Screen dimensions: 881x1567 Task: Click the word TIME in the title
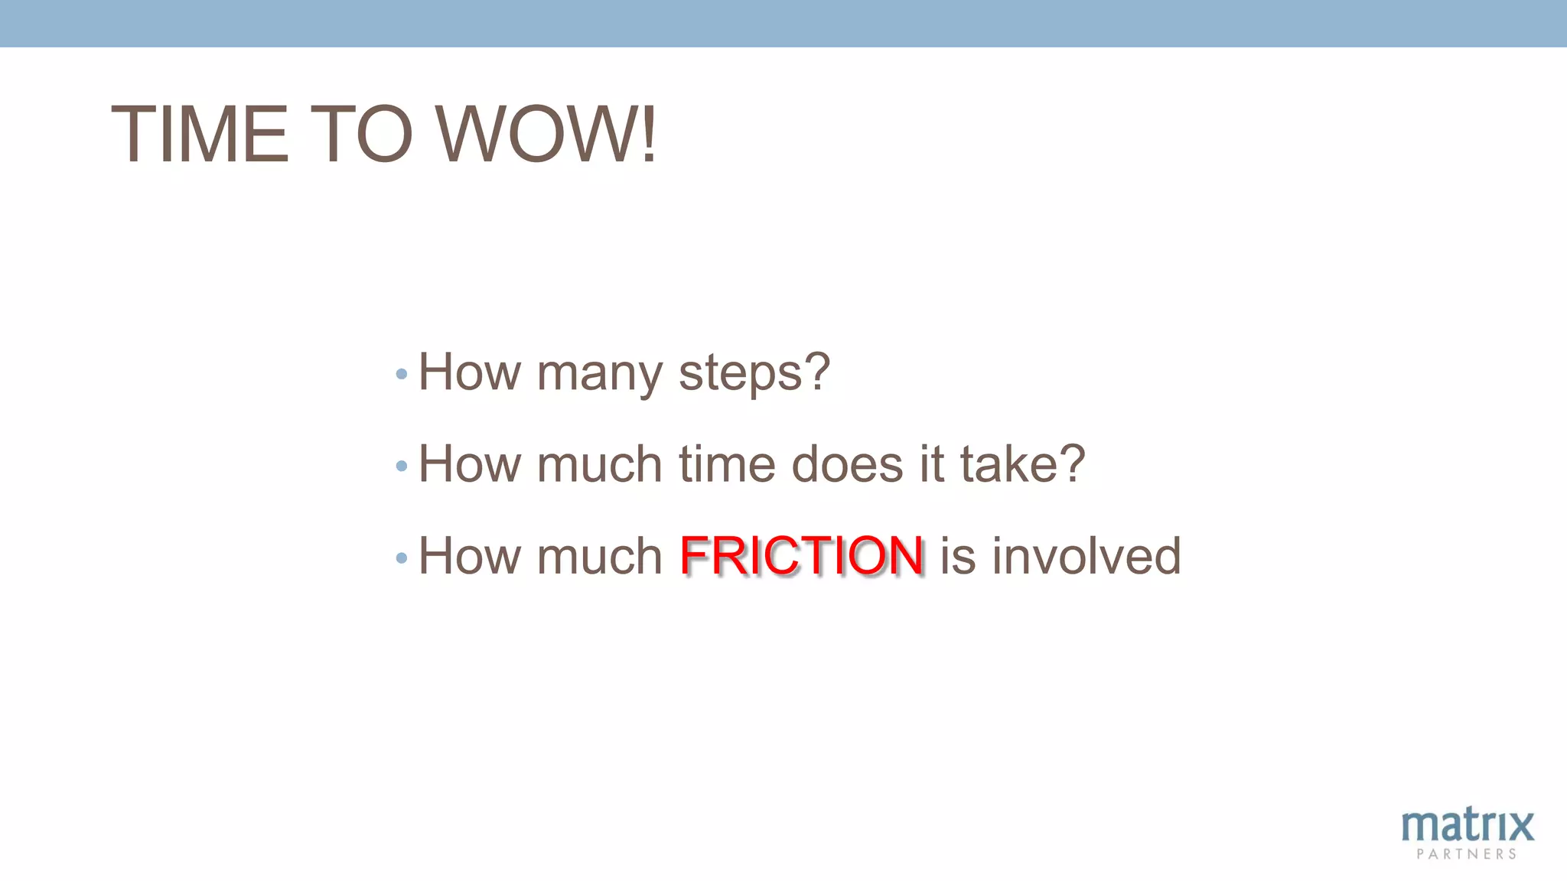coord(200,135)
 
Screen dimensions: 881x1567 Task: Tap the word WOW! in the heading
coord(546,135)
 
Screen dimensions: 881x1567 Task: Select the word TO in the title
coord(361,135)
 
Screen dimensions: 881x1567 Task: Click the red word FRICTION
coord(801,555)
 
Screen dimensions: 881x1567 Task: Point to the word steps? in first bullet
coord(754,374)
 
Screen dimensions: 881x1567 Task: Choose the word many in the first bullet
coord(599,374)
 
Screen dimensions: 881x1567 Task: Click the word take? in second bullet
coord(1022,464)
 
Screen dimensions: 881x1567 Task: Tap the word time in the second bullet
coord(726,464)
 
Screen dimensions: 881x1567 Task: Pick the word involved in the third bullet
coord(1086,555)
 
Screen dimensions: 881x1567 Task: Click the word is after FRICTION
coord(957,555)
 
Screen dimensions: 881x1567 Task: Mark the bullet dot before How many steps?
coord(402,375)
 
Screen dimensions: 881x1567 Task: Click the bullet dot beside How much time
coord(402,466)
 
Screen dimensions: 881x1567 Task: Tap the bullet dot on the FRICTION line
coord(402,558)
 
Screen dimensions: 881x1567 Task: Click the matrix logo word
coord(1467,826)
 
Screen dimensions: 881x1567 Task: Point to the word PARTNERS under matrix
coord(1466,854)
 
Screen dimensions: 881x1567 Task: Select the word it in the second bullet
coord(931,464)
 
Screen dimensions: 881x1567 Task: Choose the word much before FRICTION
coord(599,555)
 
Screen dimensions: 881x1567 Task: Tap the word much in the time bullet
coord(599,464)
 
